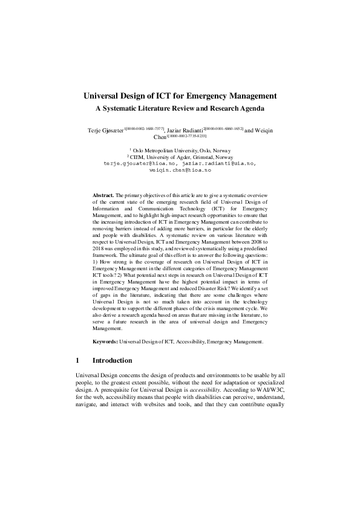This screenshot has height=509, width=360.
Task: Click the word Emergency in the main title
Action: point(211,96)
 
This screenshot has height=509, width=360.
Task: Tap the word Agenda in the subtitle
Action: point(249,109)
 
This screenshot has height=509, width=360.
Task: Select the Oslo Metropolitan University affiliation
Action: point(182,151)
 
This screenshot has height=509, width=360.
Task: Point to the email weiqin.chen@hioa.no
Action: point(180,170)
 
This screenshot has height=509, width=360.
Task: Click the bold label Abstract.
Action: point(103,196)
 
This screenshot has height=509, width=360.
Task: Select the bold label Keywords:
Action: point(105,342)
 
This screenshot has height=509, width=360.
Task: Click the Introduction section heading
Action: point(112,360)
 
